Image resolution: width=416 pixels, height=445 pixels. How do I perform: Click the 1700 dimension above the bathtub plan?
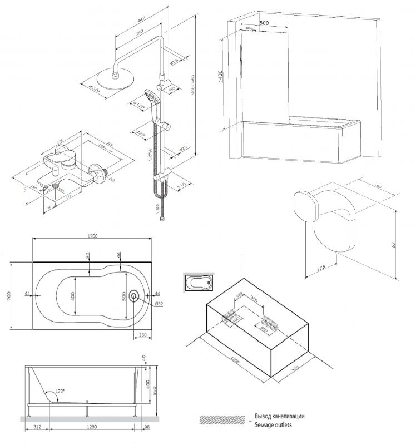tap(92, 236)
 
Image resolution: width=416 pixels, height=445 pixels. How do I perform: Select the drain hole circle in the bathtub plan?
tap(135, 295)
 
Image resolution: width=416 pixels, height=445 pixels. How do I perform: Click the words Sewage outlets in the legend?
tap(273, 424)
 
